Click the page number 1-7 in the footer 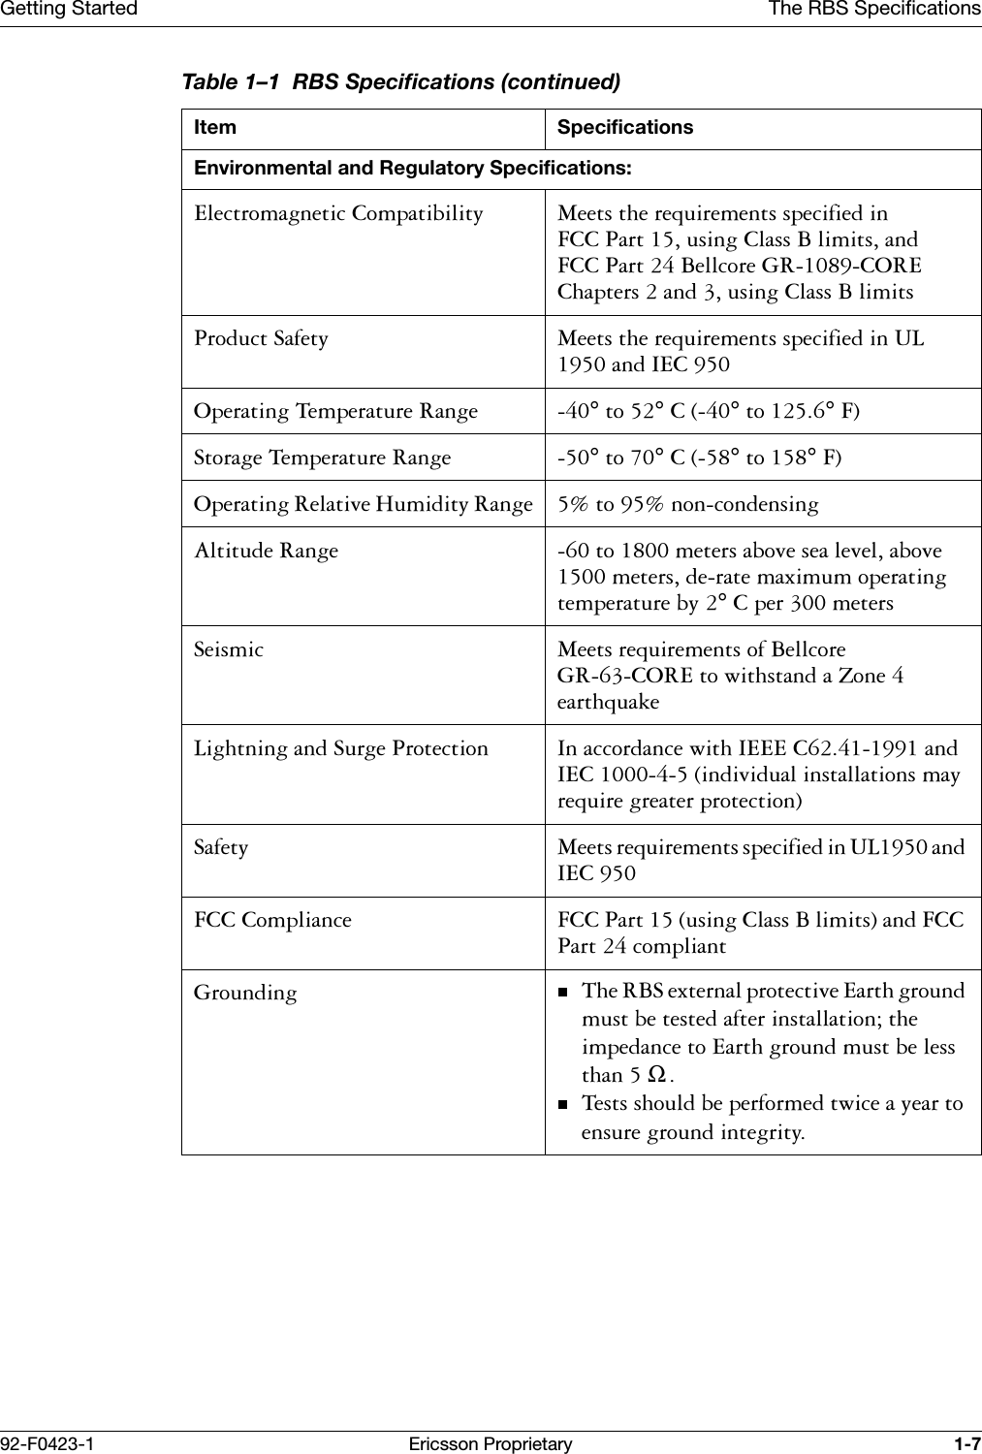[x=966, y=1444]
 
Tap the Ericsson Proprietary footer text [x=491, y=1444]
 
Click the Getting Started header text [x=69, y=9]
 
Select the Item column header [x=215, y=128]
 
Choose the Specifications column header [x=625, y=128]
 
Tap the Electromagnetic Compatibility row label [x=338, y=214]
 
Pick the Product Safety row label [x=261, y=339]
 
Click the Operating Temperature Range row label [x=335, y=412]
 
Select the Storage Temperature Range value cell [x=699, y=458]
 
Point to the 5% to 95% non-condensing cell [x=687, y=505]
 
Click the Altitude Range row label [x=267, y=552]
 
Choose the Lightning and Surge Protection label [x=341, y=749]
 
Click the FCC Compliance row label [x=272, y=920]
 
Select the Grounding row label [x=245, y=994]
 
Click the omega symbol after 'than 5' [x=656, y=1075]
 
